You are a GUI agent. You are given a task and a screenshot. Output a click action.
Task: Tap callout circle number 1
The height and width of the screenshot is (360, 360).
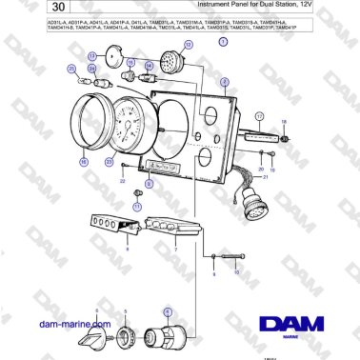[x=223, y=43]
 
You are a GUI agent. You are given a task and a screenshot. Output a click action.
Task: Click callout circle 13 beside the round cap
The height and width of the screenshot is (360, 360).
[x=91, y=57]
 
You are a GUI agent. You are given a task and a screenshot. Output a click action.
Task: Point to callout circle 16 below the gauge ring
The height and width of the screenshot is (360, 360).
[x=83, y=164]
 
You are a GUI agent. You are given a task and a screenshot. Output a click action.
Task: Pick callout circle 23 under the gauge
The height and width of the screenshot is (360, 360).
[x=135, y=161]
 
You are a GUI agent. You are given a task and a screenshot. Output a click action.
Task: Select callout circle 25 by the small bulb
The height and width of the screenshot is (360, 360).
[x=70, y=70]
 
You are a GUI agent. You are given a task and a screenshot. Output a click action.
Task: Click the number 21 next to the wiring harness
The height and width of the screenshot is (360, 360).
[x=266, y=178]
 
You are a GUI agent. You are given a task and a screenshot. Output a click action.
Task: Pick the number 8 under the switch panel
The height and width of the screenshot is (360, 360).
[x=129, y=250]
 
